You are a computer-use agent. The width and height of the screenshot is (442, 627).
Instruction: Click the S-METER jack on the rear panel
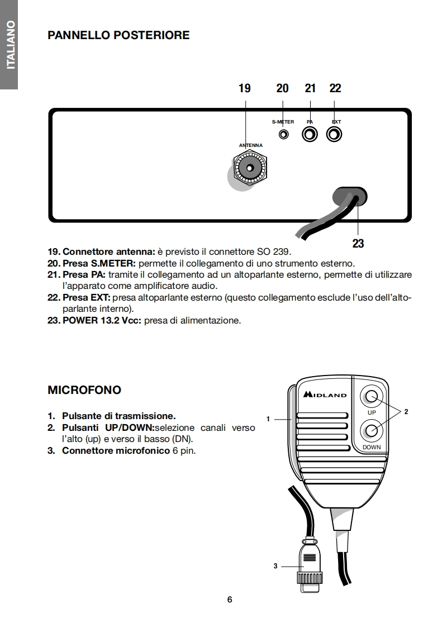pyautogui.click(x=284, y=135)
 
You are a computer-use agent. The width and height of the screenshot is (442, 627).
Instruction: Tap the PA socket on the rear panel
pyautogui.click(x=310, y=135)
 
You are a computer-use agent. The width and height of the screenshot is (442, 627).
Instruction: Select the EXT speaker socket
pyautogui.click(x=334, y=135)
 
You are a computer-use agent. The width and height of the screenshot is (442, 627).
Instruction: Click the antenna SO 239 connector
pyautogui.click(x=250, y=167)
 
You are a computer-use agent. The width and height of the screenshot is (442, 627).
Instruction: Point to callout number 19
pyautogui.click(x=245, y=88)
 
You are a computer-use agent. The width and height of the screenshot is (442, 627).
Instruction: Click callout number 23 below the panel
pyautogui.click(x=358, y=243)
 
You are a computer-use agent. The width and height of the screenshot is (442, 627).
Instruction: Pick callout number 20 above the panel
pyautogui.click(x=283, y=88)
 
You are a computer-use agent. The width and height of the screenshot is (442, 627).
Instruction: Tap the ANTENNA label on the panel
pyautogui.click(x=250, y=145)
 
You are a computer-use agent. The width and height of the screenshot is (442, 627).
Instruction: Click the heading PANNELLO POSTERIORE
pyautogui.click(x=118, y=35)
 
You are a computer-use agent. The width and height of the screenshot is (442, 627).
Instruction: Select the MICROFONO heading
pyautogui.click(x=84, y=390)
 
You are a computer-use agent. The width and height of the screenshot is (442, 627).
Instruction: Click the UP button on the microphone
pyautogui.click(x=372, y=397)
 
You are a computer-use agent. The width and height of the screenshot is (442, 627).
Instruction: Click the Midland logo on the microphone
pyautogui.click(x=325, y=395)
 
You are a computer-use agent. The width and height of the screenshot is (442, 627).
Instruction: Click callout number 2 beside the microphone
pyautogui.click(x=406, y=411)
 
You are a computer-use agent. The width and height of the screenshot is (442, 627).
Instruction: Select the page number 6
pyautogui.click(x=230, y=600)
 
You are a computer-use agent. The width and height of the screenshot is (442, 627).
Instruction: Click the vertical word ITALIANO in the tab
pyautogui.click(x=9, y=45)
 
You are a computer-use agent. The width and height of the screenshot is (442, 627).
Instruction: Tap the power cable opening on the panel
pyautogui.click(x=350, y=197)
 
